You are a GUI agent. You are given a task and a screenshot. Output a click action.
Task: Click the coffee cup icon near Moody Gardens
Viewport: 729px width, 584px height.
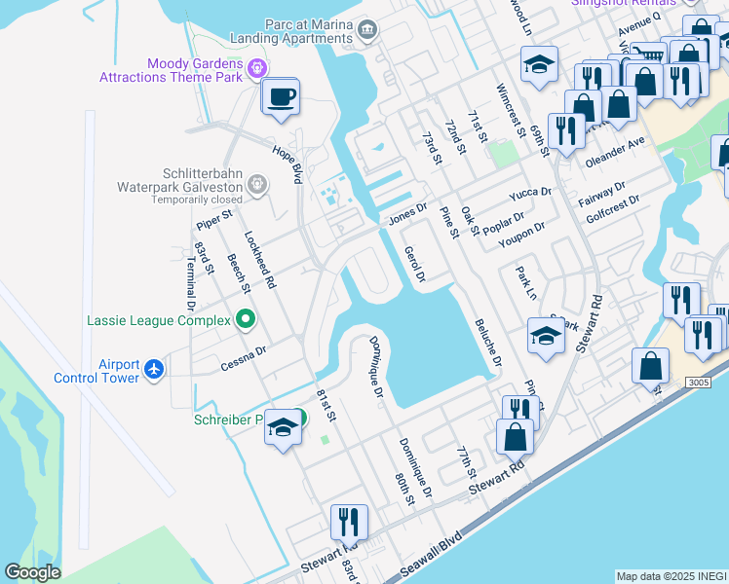point(281,97)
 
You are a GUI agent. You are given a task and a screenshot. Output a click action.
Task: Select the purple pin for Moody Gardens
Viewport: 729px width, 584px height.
point(257,67)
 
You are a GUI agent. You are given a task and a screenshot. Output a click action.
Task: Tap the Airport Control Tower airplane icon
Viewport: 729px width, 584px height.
point(154,370)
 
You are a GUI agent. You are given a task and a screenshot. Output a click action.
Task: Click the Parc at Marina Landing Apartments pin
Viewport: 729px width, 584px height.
point(366,29)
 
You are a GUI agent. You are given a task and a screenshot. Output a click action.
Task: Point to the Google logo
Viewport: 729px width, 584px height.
point(33,572)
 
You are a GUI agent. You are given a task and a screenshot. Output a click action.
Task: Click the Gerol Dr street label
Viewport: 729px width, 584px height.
point(414,264)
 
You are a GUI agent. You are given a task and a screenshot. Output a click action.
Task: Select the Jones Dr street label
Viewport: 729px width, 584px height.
point(408,211)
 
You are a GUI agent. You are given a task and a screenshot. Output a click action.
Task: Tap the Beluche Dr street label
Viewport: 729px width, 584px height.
point(487,342)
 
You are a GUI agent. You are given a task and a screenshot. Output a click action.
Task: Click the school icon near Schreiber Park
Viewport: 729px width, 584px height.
point(283,429)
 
